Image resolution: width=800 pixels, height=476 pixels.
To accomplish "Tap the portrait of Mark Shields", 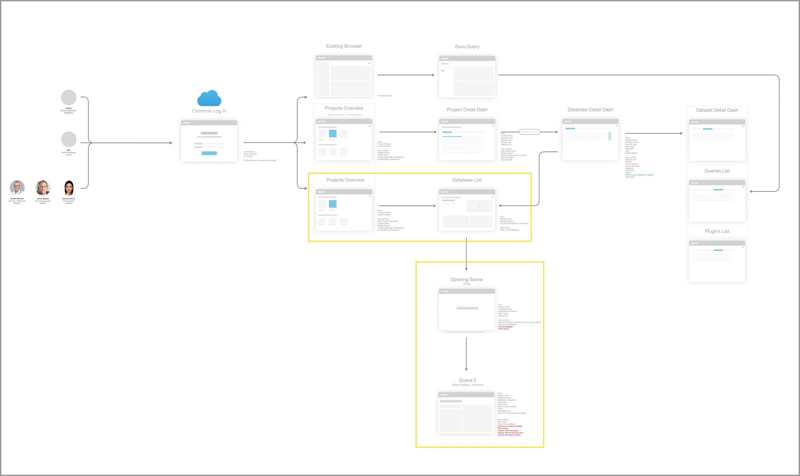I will coord(17,188).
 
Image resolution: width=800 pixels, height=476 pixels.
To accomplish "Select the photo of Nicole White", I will coord(69,188).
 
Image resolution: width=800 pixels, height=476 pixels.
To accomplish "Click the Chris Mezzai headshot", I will coord(43,188).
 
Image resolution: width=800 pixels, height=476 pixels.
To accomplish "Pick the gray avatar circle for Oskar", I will coord(69,98).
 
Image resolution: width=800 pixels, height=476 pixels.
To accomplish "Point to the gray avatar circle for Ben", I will coord(69,139).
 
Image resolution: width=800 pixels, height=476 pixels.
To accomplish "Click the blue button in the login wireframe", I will coord(209,153).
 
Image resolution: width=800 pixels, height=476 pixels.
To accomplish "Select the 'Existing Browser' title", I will coord(344,46).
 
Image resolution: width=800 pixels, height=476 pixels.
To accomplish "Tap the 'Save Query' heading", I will coord(467,47).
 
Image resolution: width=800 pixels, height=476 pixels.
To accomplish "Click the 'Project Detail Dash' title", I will coord(467,110).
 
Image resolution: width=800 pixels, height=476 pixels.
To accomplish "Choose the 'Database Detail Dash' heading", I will coord(590,110).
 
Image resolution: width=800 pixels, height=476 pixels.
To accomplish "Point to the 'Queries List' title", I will coord(717,171).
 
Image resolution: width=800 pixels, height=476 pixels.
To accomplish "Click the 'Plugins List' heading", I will coord(717,231).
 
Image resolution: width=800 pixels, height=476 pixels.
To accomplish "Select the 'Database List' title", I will coord(467,180).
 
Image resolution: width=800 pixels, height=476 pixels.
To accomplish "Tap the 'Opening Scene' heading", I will coord(466,279).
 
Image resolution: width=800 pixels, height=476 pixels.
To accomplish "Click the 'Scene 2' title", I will coord(468,380).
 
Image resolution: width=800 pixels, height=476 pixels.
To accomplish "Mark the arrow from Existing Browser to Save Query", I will coord(406,75).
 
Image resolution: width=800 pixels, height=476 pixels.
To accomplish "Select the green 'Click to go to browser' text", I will coord(639,175).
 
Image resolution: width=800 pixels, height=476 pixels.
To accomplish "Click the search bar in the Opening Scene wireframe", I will coord(467,308).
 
